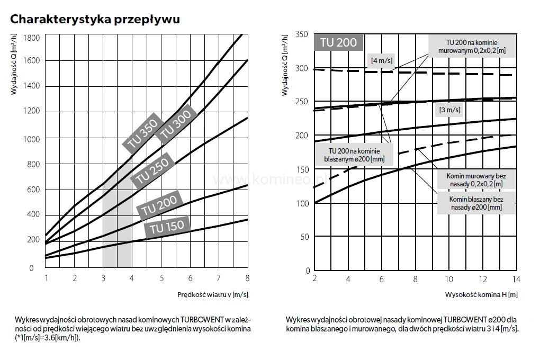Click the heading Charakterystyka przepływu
[x=95, y=20]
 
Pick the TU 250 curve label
[x=152, y=171]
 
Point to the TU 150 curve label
[x=167, y=227]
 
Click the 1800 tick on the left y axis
[x=31, y=38]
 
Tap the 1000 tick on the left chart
[x=31, y=138]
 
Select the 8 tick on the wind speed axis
[x=247, y=278]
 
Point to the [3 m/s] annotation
[x=449, y=110]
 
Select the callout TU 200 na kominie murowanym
[x=472, y=47]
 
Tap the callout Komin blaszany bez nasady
[x=475, y=203]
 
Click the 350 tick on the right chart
[x=301, y=34]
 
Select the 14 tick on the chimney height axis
[x=516, y=279]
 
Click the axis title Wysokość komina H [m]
[x=482, y=294]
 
